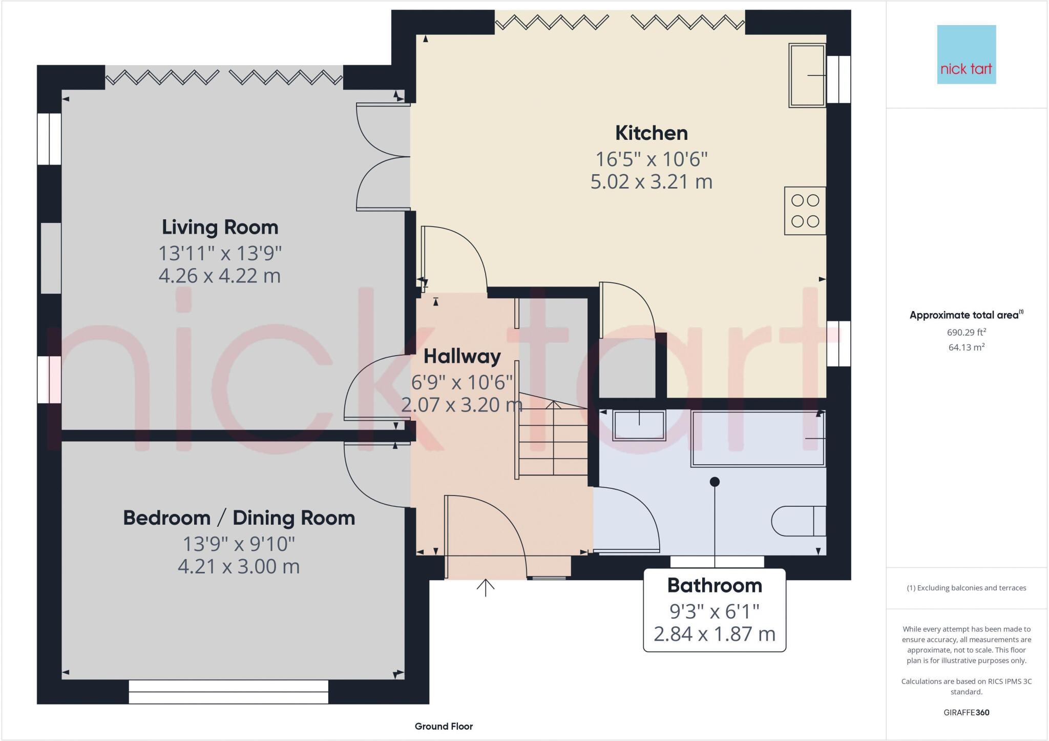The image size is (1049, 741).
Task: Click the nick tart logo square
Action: pyautogui.click(x=966, y=54)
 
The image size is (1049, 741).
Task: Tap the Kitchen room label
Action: pyautogui.click(x=651, y=133)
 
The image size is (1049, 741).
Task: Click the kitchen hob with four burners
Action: pyautogui.click(x=805, y=211)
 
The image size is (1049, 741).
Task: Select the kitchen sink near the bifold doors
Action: pyautogui.click(x=807, y=75)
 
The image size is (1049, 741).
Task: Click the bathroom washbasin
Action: pyautogui.click(x=639, y=425)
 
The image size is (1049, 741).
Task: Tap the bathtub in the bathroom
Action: pyautogui.click(x=758, y=438)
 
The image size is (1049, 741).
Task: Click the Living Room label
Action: pyautogui.click(x=220, y=227)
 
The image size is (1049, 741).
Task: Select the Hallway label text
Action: pyautogui.click(x=462, y=356)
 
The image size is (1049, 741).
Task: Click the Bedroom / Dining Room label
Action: pyautogui.click(x=239, y=518)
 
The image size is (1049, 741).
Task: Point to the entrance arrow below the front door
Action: pyautogui.click(x=485, y=588)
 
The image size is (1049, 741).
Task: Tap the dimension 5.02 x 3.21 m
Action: pyautogui.click(x=651, y=182)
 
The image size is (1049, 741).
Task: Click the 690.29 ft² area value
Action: pyautogui.click(x=966, y=332)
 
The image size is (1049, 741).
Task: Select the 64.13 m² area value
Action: pyautogui.click(x=966, y=347)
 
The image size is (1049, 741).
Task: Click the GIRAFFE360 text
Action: pyautogui.click(x=966, y=712)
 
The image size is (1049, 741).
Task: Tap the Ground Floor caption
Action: pyautogui.click(x=444, y=726)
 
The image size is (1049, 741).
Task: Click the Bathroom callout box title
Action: pyautogui.click(x=714, y=585)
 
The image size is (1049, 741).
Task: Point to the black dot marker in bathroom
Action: pyautogui.click(x=715, y=482)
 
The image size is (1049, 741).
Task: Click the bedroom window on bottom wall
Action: pyautogui.click(x=228, y=692)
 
